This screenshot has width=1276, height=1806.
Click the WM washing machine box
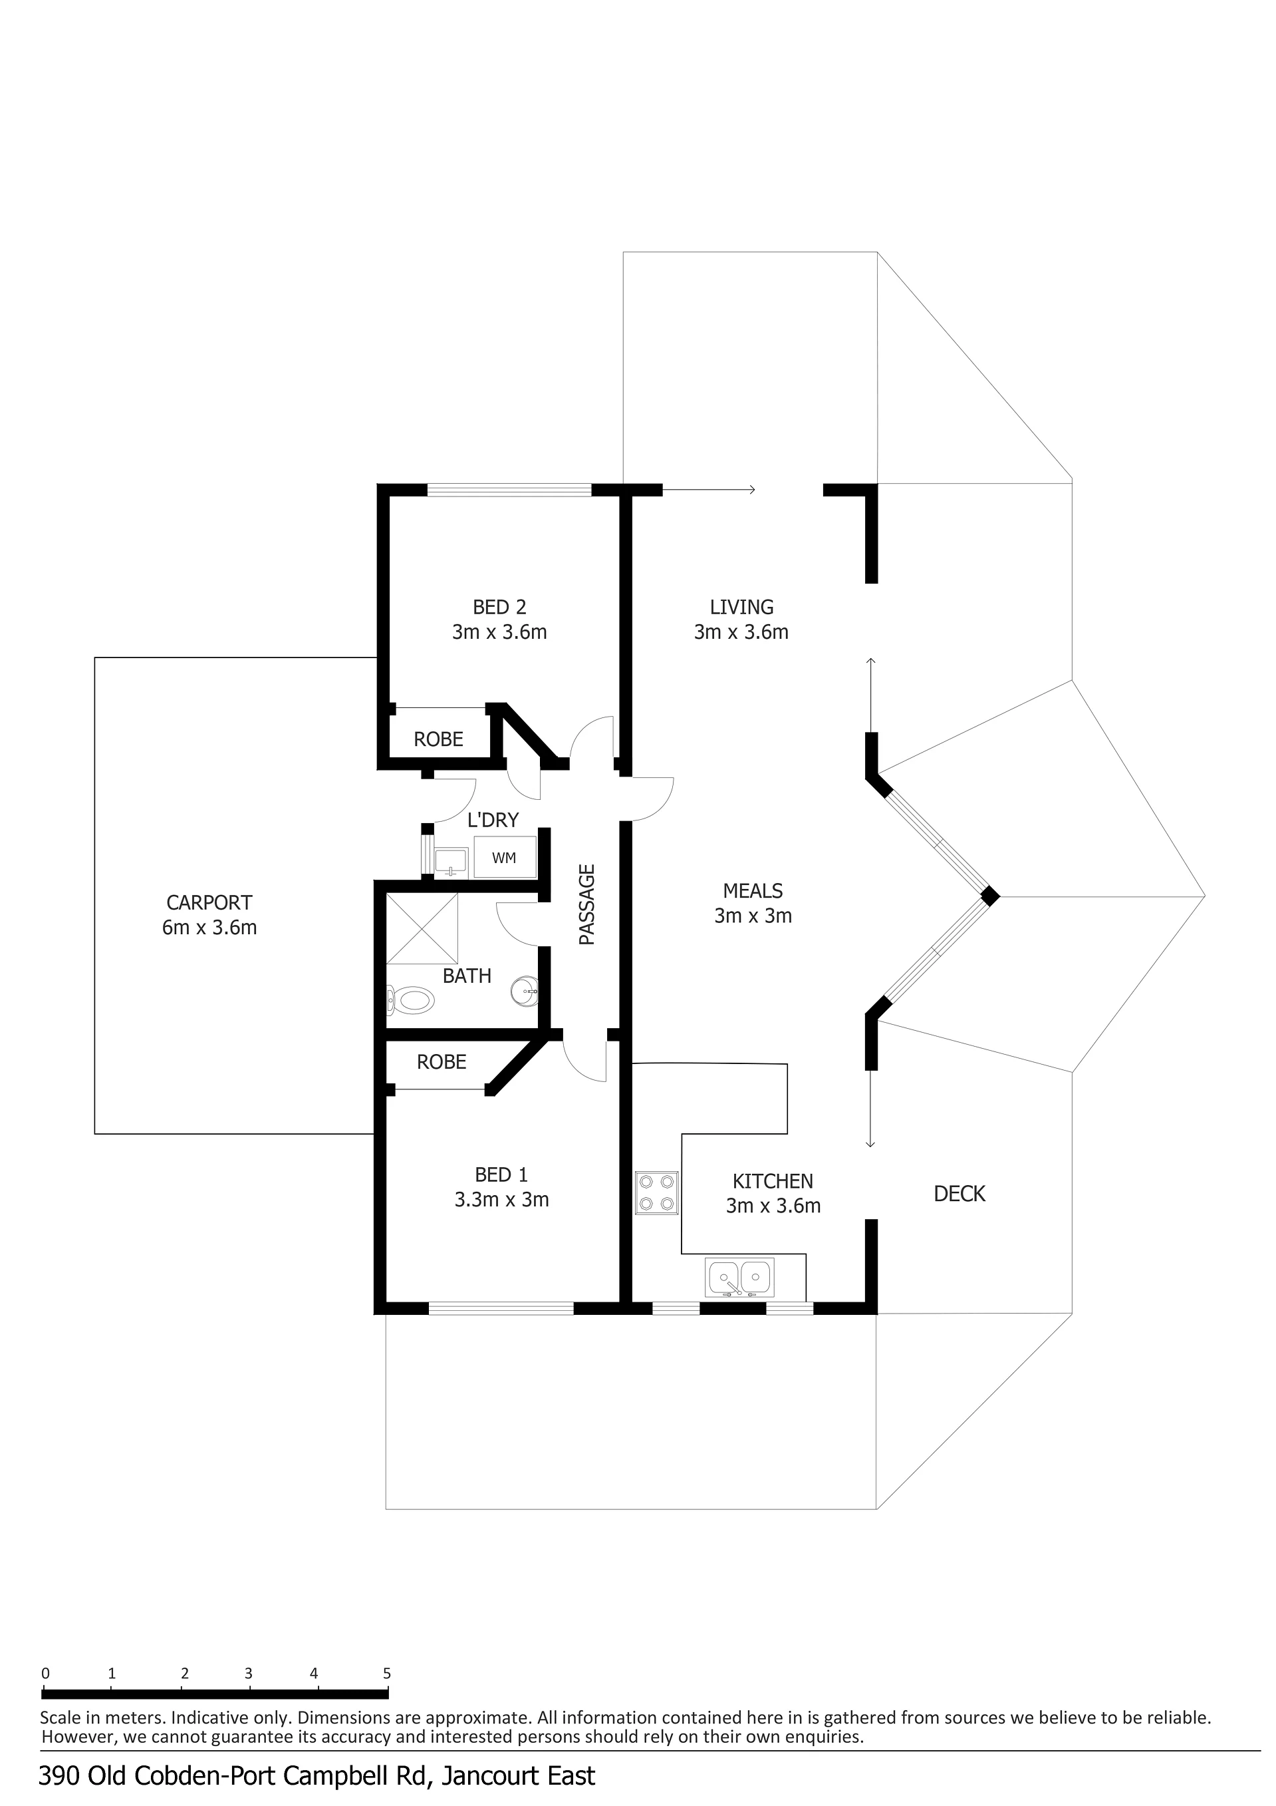[x=505, y=857]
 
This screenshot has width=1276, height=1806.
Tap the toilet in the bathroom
[x=410, y=1001]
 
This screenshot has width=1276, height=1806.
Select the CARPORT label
[x=209, y=902]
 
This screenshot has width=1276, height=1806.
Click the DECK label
[x=959, y=1194]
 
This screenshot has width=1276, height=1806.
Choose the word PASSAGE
[x=587, y=904]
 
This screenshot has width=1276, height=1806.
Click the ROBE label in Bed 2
[x=439, y=739]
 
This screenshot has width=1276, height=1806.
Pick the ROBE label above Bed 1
[x=442, y=1062]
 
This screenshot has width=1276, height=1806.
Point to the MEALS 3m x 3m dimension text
[x=753, y=916]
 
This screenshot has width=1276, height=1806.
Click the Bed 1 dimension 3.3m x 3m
[x=501, y=1200]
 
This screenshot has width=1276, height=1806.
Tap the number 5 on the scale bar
[x=387, y=1674]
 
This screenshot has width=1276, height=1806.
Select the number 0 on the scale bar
[x=46, y=1674]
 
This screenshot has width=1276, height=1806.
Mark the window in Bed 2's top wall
[x=509, y=489]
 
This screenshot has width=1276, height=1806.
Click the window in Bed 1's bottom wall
[x=501, y=1308]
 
